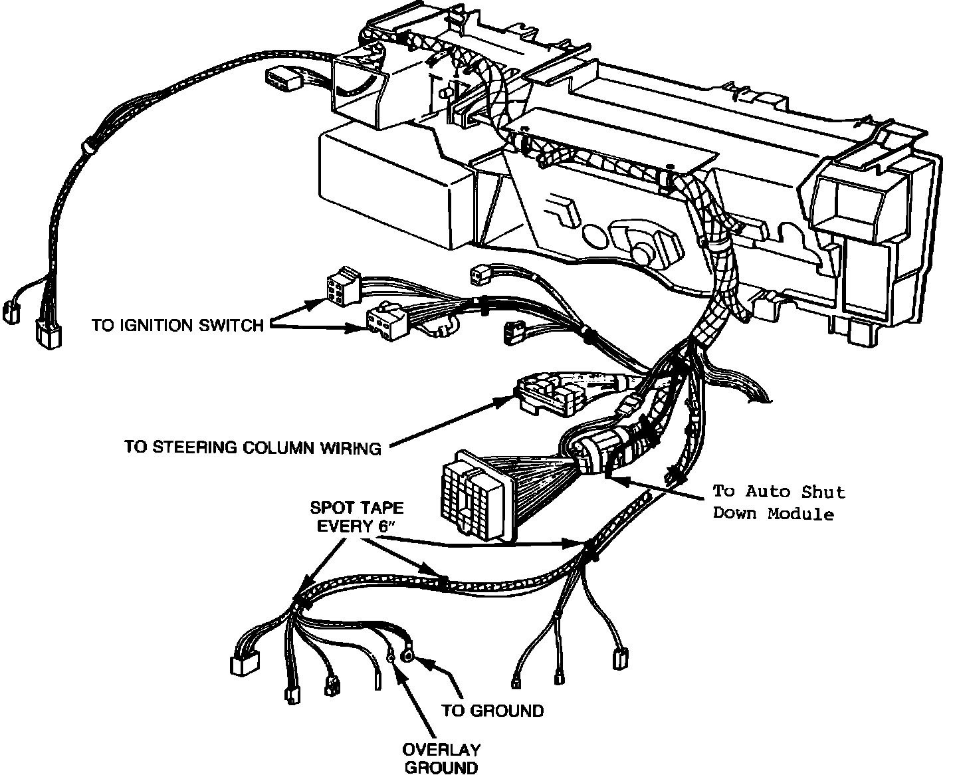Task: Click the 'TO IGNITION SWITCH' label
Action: (x=177, y=326)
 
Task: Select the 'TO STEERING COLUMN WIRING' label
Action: (x=253, y=447)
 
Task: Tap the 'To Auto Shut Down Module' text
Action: (x=778, y=502)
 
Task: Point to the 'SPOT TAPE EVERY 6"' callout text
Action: (x=357, y=516)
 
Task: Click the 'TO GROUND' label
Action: (x=492, y=711)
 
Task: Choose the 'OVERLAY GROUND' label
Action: (x=441, y=758)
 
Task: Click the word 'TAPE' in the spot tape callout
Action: (x=381, y=508)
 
